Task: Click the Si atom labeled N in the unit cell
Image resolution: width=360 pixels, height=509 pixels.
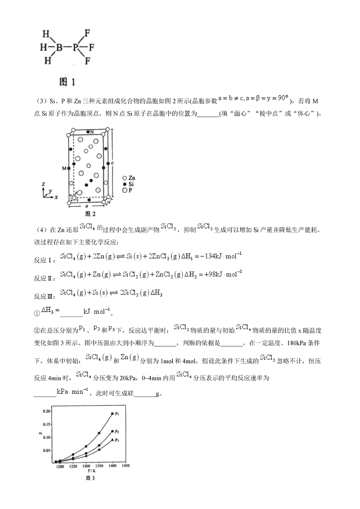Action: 88,132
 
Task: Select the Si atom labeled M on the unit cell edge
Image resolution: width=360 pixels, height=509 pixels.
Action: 70,168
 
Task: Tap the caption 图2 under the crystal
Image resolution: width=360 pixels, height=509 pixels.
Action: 90,213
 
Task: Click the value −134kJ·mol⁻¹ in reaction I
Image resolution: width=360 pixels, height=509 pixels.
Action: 219,256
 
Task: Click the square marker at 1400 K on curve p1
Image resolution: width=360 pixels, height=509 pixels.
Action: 112,413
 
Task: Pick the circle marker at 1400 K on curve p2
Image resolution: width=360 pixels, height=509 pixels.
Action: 112,431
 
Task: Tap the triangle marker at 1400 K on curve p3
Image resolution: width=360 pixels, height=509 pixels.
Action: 112,439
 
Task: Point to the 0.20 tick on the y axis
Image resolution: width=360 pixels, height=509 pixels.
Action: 45,411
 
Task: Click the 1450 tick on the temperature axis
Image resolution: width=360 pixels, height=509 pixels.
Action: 126,466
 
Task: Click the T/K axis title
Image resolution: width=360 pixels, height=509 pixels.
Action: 91,471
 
